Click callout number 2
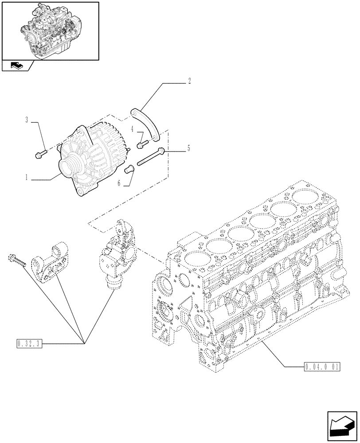pyautogui.click(x=189, y=81)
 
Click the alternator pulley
pyautogui.click(x=70, y=168)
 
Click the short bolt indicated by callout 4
pyautogui.click(x=142, y=143)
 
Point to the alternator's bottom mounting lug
pyautogui.click(x=82, y=191)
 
